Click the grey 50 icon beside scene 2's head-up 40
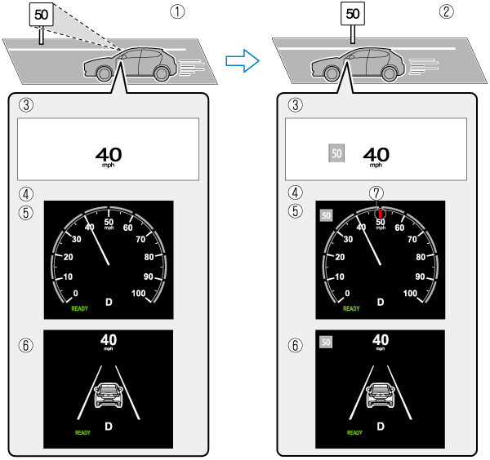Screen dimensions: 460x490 [336, 153]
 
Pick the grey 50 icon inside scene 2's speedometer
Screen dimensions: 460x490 [327, 215]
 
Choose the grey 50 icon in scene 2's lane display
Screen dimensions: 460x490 [327, 343]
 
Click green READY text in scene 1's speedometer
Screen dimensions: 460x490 [78, 309]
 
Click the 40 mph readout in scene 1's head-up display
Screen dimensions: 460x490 [109, 155]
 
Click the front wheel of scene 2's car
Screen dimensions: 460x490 [332, 73]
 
